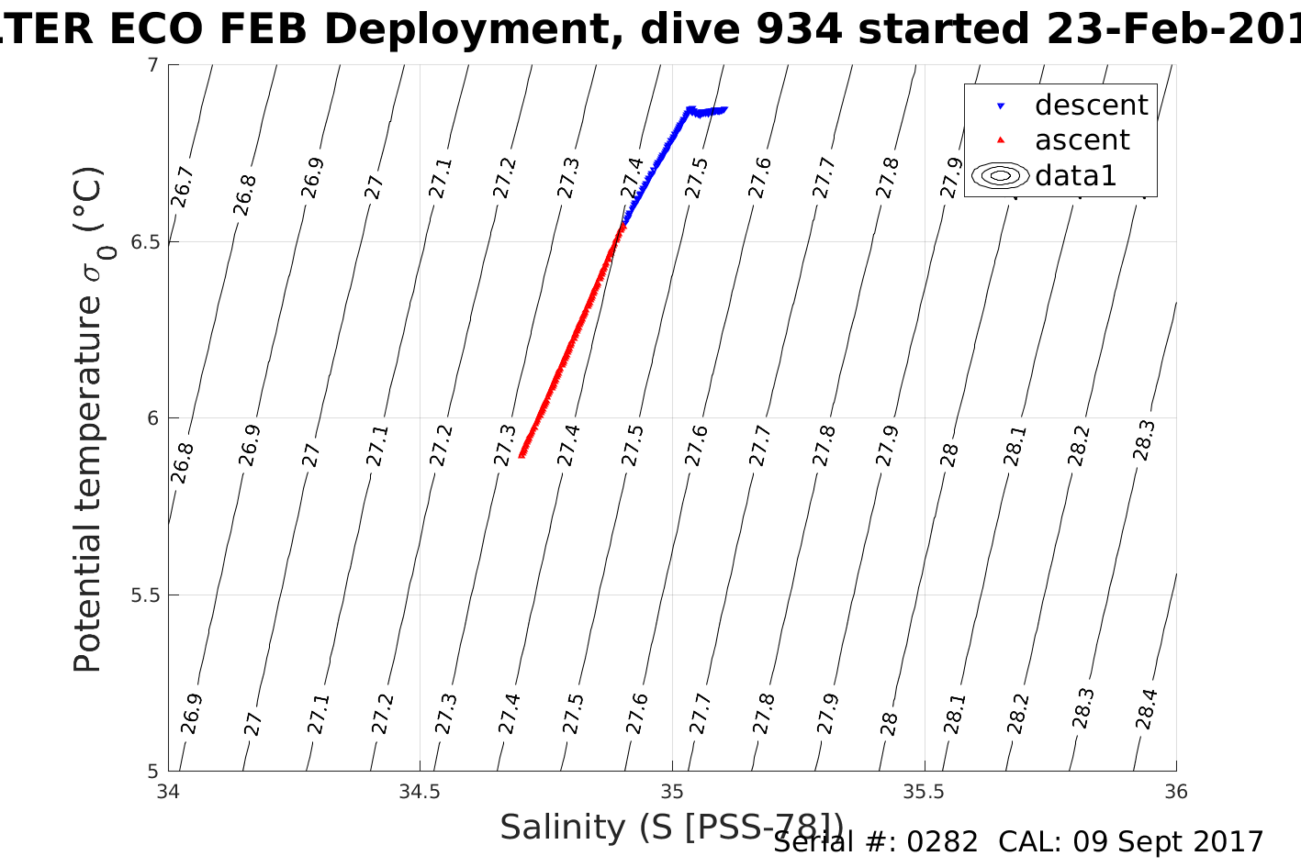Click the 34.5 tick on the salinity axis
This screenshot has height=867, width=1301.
click(420, 792)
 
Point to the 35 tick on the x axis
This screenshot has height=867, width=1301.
click(672, 792)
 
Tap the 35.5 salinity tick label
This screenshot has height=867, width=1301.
click(924, 792)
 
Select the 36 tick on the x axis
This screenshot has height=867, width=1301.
click(1175, 792)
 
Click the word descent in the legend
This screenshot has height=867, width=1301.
click(1091, 106)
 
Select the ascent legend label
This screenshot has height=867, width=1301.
click(1082, 140)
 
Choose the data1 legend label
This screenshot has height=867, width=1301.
click(1075, 175)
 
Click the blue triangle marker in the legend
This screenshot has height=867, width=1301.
click(1001, 106)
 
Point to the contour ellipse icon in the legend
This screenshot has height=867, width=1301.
click(1001, 175)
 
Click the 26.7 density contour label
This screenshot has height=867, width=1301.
click(182, 187)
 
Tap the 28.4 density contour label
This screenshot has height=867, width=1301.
click(1146, 709)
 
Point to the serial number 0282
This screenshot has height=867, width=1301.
click(942, 842)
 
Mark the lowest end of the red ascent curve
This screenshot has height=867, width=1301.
click(522, 455)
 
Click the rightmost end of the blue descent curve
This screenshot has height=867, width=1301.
click(724, 109)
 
